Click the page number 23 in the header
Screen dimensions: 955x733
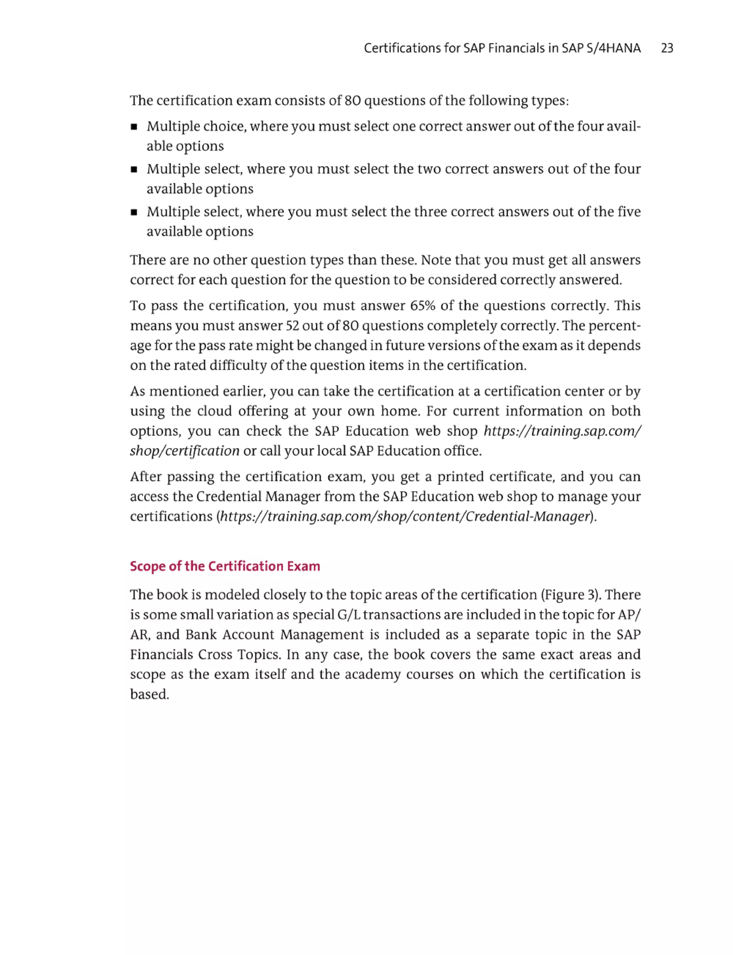coord(667,48)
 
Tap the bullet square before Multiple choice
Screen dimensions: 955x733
coord(134,128)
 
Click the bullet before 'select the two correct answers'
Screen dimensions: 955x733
coord(134,170)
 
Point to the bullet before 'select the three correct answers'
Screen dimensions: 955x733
coord(134,213)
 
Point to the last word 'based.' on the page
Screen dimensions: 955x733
coord(149,694)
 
